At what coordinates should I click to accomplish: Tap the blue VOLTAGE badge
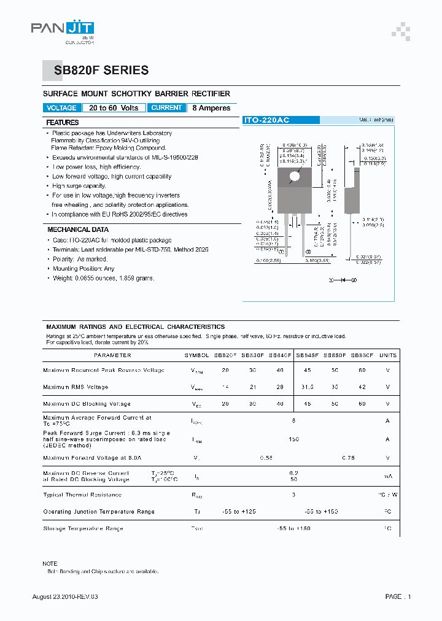61,108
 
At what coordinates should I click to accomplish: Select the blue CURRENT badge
166,108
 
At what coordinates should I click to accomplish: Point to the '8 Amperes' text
211,108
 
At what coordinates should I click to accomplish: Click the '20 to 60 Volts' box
114,108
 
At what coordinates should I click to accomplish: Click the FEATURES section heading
63,123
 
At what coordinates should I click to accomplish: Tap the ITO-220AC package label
266,121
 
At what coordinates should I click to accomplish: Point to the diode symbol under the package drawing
344,280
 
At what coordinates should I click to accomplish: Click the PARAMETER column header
112,355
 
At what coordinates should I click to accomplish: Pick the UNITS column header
387,355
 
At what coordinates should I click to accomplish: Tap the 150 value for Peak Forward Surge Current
293,439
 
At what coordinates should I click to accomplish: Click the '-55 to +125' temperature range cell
238,512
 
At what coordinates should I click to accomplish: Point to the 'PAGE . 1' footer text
398,596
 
